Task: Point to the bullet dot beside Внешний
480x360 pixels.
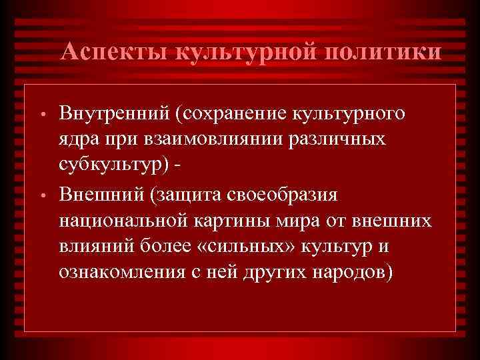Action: pos(41,198)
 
